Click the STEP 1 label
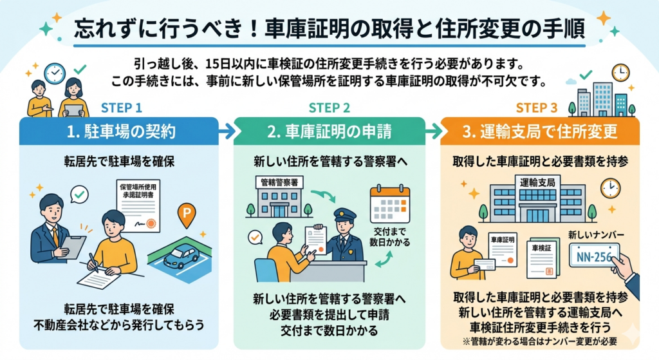[x=122, y=108]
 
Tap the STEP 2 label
[x=329, y=108]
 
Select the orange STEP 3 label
[x=537, y=108]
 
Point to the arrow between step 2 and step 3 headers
[x=434, y=131]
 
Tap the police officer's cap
[x=344, y=214]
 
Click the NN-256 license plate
[x=593, y=255]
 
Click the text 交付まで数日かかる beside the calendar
[x=391, y=236]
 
